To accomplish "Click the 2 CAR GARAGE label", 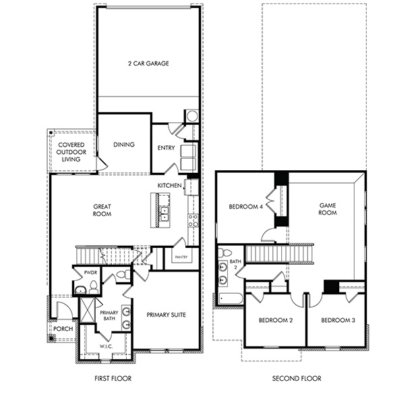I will tap(148, 63).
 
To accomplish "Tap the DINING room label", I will tap(124, 145).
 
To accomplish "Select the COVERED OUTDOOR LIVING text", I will tap(71, 152).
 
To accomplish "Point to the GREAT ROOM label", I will tap(102, 210).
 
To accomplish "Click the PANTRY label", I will tap(181, 257).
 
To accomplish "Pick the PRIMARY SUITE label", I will tap(166, 315).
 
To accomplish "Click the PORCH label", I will tap(63, 329).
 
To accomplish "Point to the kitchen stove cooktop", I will tap(192, 219).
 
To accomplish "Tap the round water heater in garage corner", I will tap(192, 116).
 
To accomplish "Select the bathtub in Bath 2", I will tap(229, 298).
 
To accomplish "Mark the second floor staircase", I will tap(280, 255).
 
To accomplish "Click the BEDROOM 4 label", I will tap(245, 207).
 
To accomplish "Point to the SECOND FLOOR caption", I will tap(297, 379).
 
